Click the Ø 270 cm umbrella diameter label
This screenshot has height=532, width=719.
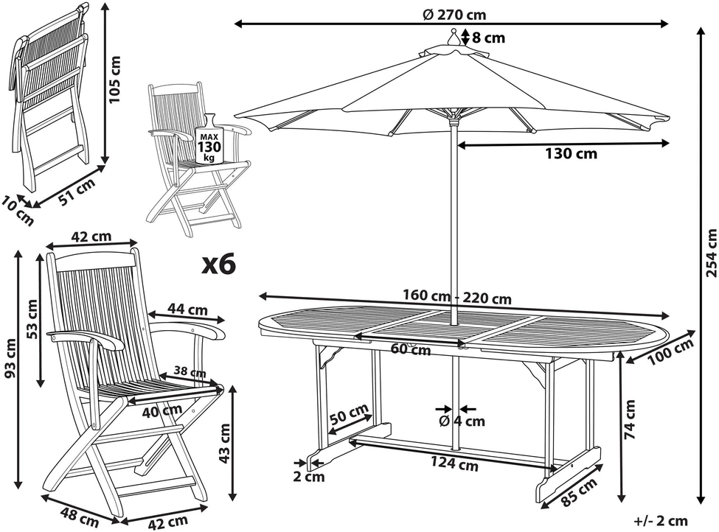(454, 15)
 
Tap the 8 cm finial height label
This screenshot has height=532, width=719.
(489, 38)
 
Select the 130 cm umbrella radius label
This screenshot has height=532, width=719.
(571, 153)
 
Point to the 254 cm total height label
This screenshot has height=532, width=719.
(711, 253)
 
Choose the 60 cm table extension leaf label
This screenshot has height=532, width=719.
(411, 349)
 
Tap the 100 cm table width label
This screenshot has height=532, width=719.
(670, 351)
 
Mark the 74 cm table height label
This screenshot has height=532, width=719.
(630, 419)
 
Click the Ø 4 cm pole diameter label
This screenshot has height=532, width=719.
(462, 421)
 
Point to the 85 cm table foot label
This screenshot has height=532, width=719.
(579, 492)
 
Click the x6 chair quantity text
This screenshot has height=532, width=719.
(219, 265)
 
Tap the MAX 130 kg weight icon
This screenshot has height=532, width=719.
(209, 139)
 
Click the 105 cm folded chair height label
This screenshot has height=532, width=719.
(115, 80)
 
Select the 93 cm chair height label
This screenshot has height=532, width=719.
(10, 358)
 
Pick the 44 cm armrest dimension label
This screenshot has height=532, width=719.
(187, 309)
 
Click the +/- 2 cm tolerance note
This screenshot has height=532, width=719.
(661, 521)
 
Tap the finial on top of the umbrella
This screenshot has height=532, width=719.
(454, 38)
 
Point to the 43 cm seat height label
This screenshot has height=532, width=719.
(225, 443)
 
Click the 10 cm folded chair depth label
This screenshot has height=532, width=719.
(18, 210)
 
